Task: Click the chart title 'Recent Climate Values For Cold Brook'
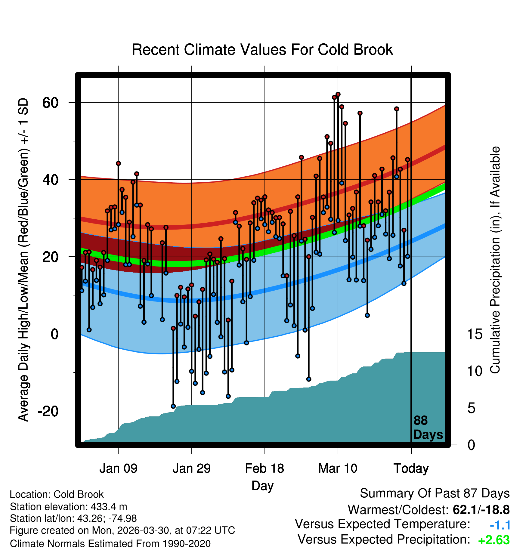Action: (262, 50)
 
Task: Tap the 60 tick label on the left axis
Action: (50, 103)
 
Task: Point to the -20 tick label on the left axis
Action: (48, 411)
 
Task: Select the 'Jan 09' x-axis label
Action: (118, 468)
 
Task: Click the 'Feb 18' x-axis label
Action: (265, 468)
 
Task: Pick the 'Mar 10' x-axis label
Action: (338, 468)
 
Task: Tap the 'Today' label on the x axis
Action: (411, 468)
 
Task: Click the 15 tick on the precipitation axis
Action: (475, 334)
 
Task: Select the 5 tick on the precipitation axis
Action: (471, 408)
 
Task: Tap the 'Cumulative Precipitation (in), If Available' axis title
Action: (495, 260)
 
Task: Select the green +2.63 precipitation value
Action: (494, 540)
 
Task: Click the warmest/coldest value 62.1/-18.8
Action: (481, 510)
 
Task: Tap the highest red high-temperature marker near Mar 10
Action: (338, 94)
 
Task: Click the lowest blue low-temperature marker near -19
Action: (173, 406)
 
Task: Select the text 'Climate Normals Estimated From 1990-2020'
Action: (110, 544)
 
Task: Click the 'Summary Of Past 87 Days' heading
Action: (435, 494)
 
